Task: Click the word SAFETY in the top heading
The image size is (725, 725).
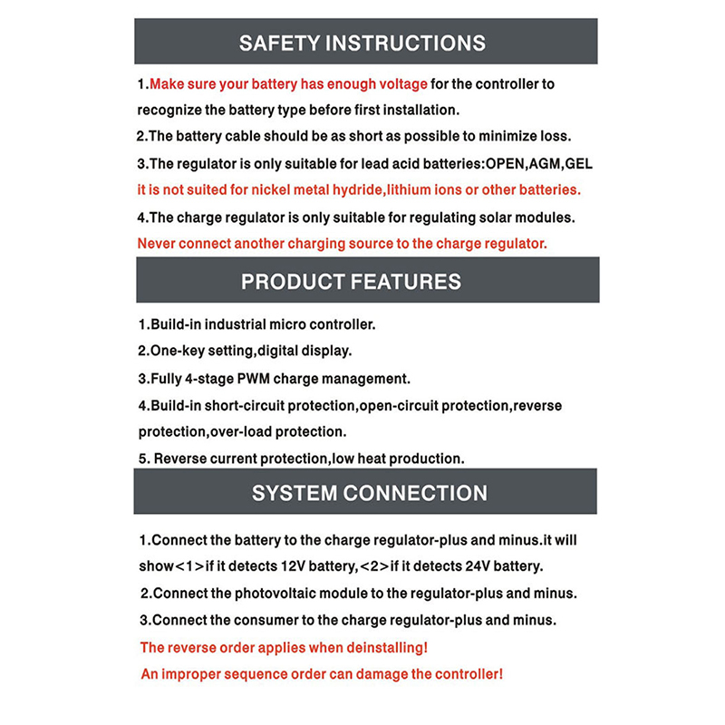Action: pos(278,43)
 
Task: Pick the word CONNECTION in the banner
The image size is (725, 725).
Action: pos(413,494)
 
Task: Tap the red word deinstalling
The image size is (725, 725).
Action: pos(380,648)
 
